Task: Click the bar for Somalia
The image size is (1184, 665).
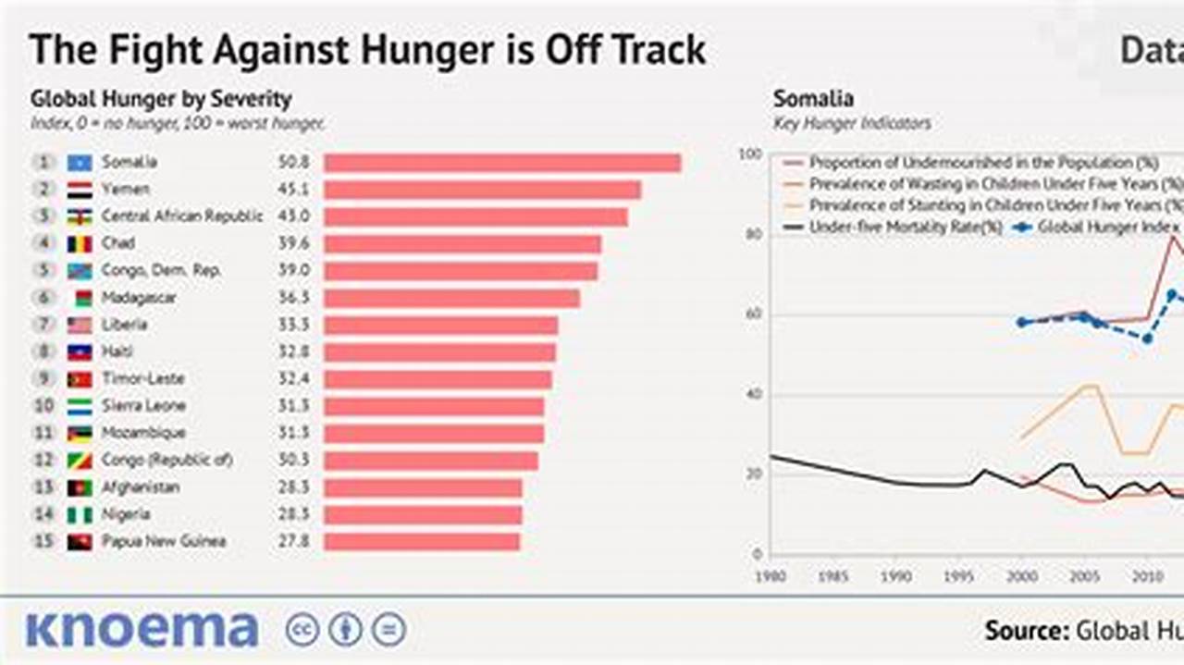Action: pyautogui.click(x=502, y=163)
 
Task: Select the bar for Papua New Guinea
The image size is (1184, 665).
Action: pyautogui.click(x=422, y=542)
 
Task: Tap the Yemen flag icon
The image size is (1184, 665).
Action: pyautogui.click(x=80, y=190)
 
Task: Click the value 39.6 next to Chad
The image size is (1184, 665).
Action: pyautogui.click(x=293, y=243)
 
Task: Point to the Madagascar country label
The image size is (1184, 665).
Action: pyautogui.click(x=139, y=298)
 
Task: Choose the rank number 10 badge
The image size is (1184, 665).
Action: pyautogui.click(x=43, y=406)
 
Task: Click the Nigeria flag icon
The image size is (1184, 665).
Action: pyautogui.click(x=80, y=515)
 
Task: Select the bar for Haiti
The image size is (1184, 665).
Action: pyautogui.click(x=439, y=352)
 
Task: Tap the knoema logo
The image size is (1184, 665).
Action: pyautogui.click(x=142, y=629)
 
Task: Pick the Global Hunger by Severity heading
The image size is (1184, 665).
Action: pyautogui.click(x=161, y=99)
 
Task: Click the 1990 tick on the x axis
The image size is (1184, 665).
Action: pyautogui.click(x=894, y=577)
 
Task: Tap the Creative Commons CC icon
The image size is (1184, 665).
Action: pyautogui.click(x=302, y=630)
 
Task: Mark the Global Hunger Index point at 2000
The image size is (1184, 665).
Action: pyautogui.click(x=1021, y=322)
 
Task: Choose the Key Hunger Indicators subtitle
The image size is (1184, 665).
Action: pyautogui.click(x=852, y=123)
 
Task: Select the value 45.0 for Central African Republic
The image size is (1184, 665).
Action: pyautogui.click(x=293, y=216)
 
